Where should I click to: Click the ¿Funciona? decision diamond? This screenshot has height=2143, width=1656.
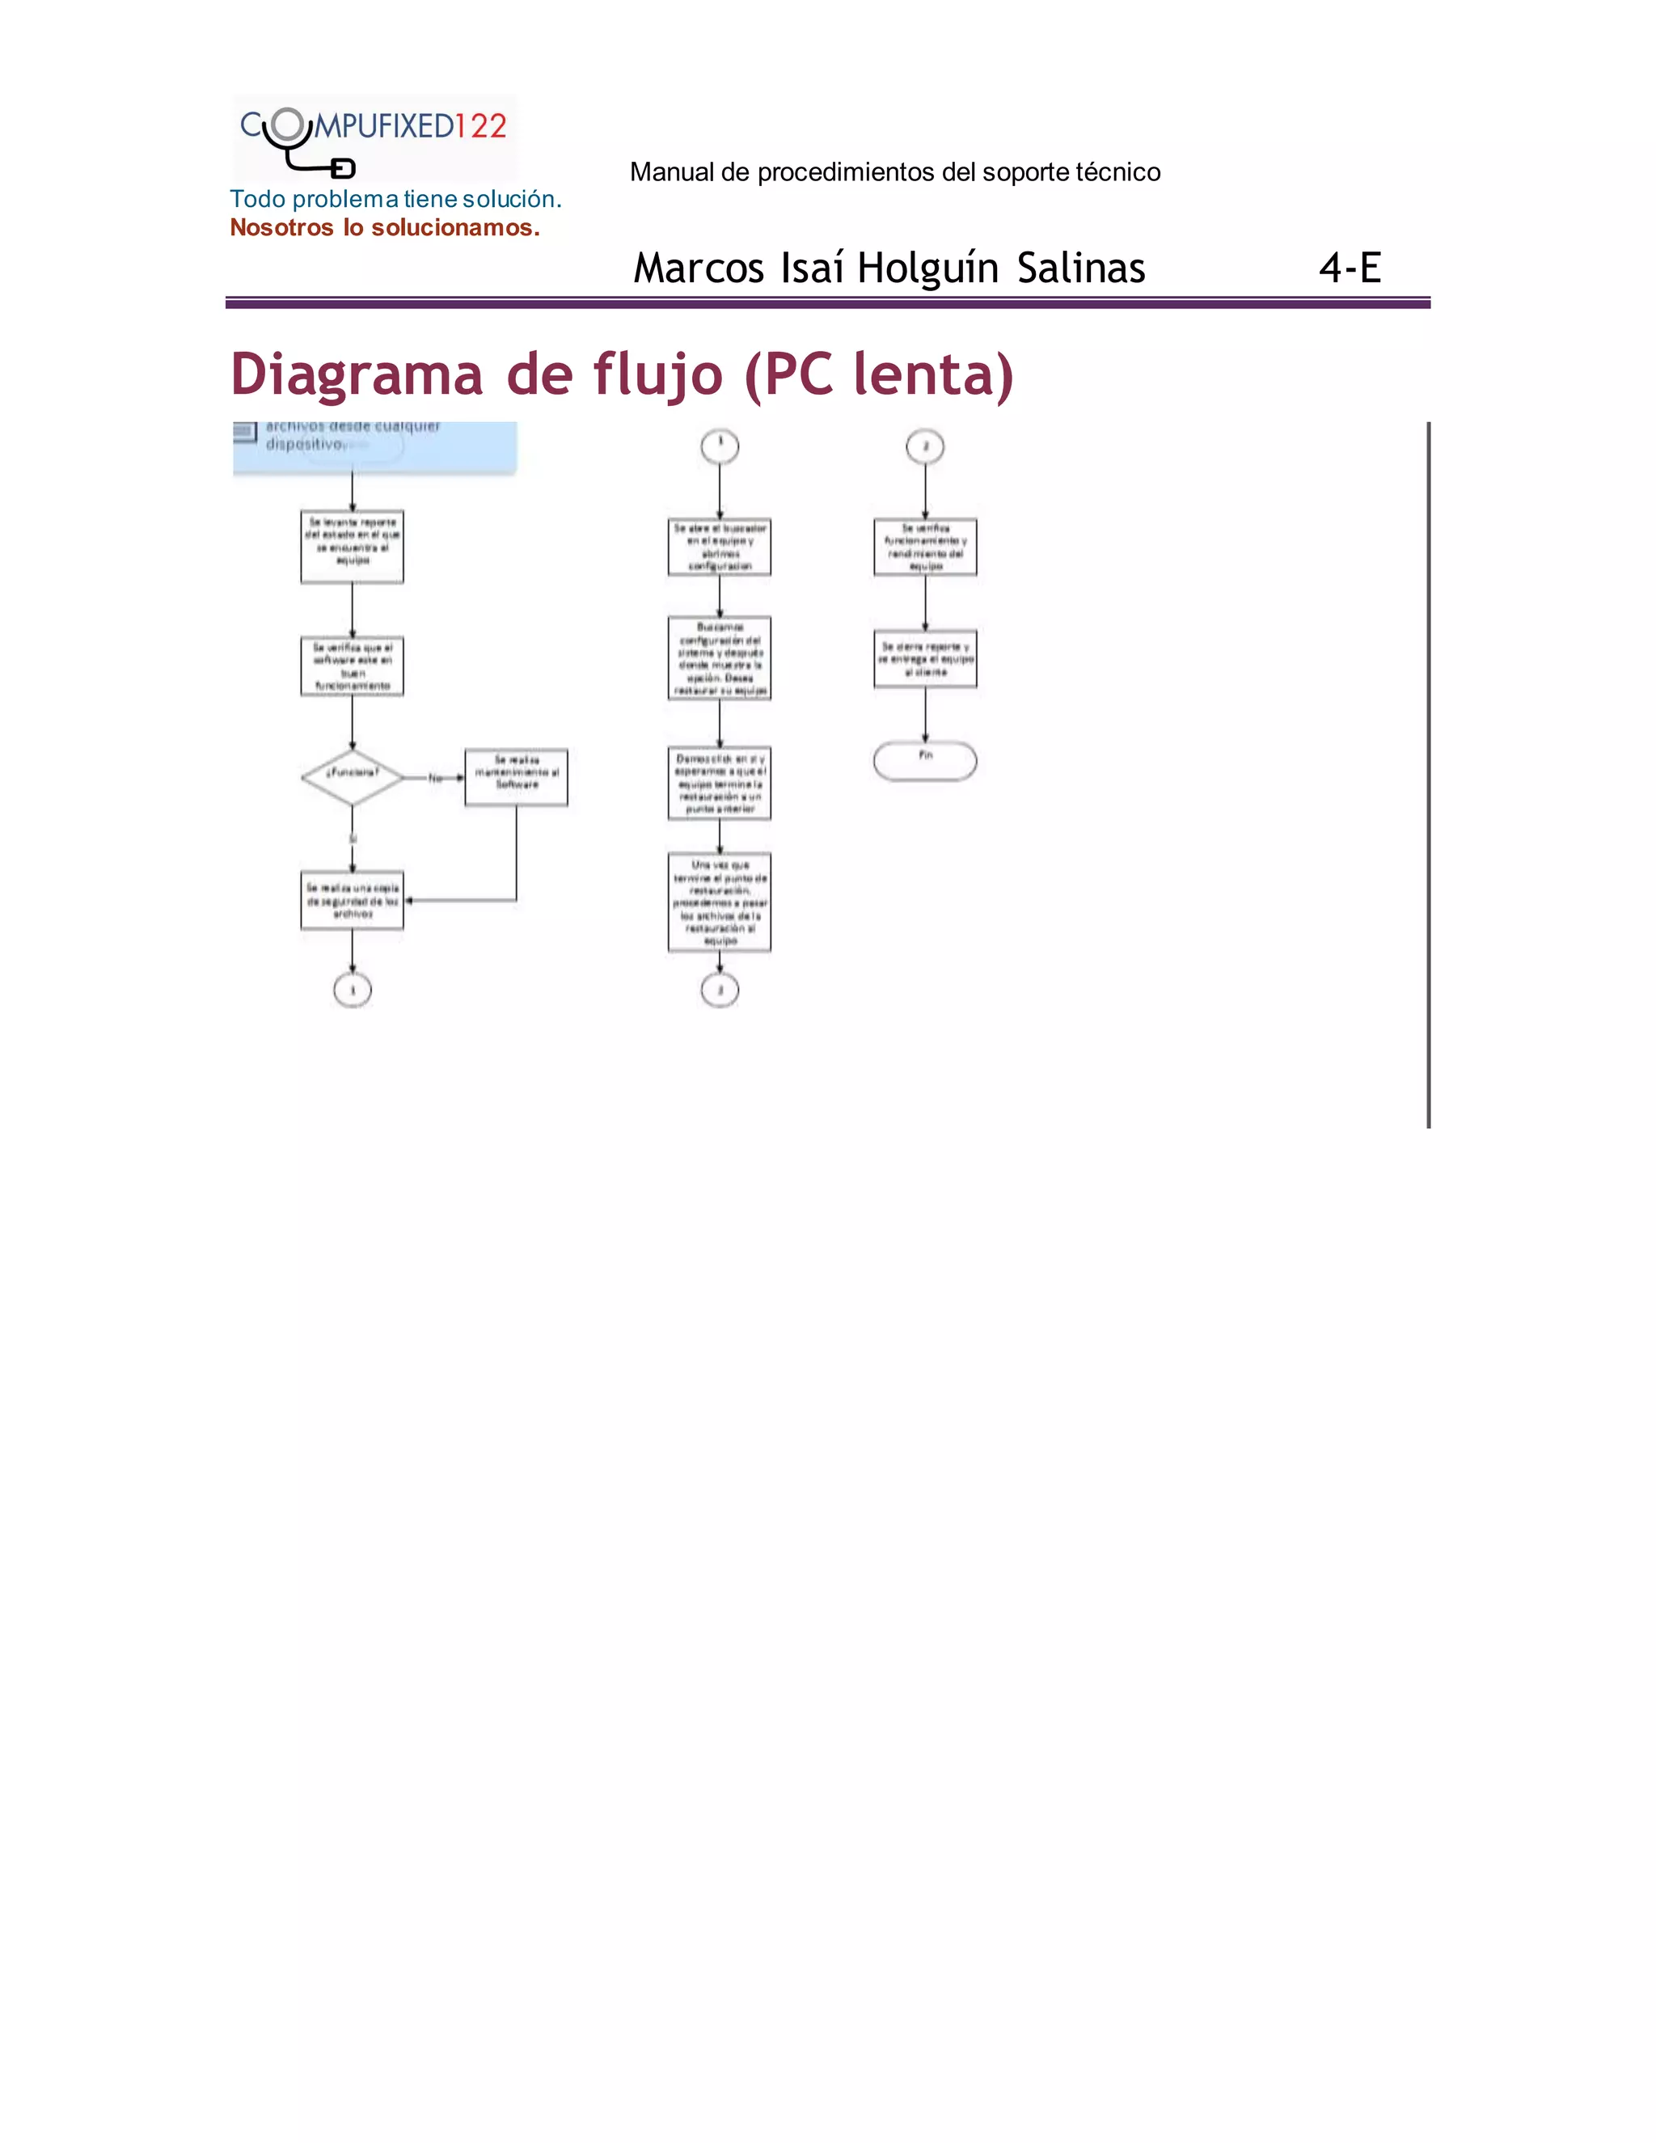tap(353, 777)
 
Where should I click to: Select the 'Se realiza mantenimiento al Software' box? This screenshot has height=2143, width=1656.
tap(516, 777)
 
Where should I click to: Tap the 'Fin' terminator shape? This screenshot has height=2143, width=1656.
tap(924, 760)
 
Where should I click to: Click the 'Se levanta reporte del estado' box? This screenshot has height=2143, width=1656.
tap(353, 547)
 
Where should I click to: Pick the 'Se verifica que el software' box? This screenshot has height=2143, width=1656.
tap(353, 667)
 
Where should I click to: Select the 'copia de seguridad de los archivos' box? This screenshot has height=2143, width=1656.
tap(353, 901)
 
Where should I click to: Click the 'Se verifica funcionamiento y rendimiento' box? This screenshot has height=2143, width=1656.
tap(925, 547)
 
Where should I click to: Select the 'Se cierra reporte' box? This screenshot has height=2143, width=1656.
tap(925, 659)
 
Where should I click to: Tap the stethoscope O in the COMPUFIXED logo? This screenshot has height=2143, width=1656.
tap(286, 125)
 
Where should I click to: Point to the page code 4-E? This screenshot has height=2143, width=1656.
tap(1350, 268)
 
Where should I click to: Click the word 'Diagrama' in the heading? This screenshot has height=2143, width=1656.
tap(357, 375)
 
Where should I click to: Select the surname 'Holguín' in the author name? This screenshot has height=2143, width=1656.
tap(928, 268)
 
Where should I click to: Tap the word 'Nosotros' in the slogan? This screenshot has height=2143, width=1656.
tap(281, 228)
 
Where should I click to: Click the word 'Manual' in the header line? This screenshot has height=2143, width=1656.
tap(671, 173)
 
